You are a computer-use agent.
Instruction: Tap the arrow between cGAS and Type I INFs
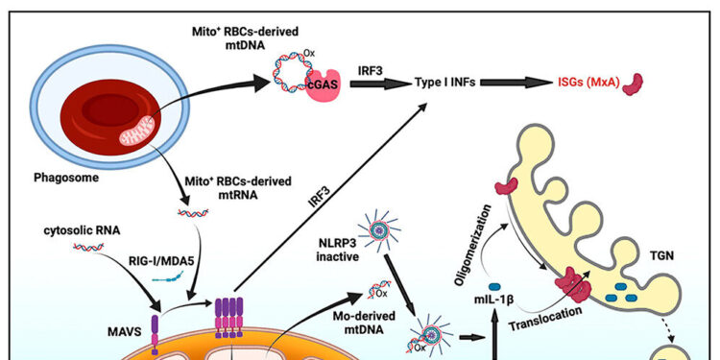pos(367,84)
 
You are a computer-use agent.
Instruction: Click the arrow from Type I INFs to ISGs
pos(515,84)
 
